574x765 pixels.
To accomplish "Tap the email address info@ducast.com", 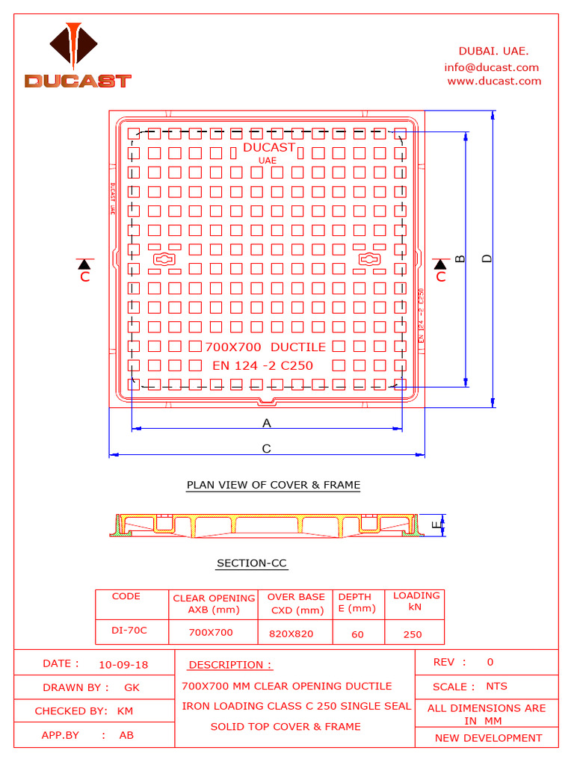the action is point(491,67).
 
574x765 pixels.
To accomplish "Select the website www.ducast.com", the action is point(494,81).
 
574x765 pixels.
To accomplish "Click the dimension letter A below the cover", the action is point(266,423).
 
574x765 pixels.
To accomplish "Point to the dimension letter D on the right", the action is point(487,258).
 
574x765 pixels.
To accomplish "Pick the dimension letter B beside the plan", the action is point(460,258).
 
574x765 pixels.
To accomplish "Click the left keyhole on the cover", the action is point(164,259).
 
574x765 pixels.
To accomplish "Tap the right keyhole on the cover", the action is point(369,259).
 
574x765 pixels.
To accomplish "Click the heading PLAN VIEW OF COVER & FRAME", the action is point(274,485).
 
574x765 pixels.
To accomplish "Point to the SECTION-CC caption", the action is point(252,563).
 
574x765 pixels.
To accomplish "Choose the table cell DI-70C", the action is point(129,631).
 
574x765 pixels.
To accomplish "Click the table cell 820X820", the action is point(291,634).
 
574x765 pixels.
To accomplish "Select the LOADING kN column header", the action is point(416,601).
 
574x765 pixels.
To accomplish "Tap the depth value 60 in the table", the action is point(357,634).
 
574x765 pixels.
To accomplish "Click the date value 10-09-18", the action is point(123,664).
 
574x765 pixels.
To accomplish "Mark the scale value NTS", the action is point(496,686).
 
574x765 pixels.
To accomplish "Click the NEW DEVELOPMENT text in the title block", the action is point(488,738).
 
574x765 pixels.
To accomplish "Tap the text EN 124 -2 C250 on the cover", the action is point(263,365).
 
